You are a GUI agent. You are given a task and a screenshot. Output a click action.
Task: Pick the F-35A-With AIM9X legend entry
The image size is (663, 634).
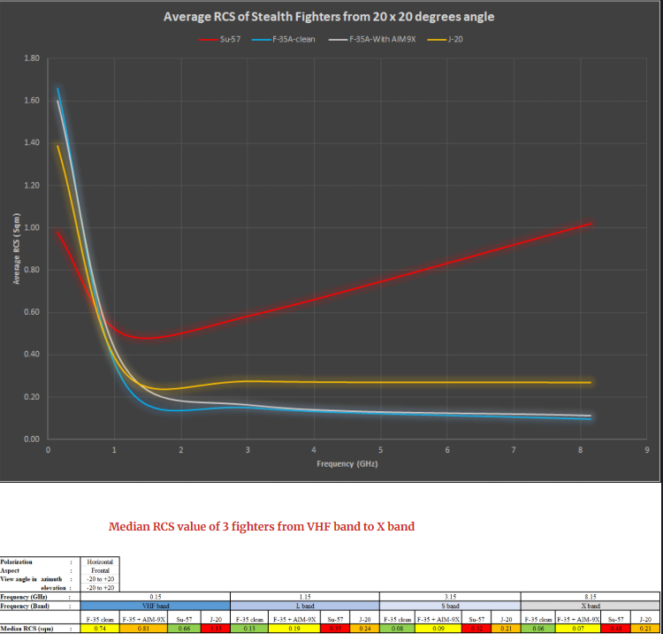371,40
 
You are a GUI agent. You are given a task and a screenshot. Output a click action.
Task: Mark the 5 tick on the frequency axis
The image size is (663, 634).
380,451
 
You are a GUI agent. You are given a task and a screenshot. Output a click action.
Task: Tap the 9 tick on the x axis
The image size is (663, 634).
647,451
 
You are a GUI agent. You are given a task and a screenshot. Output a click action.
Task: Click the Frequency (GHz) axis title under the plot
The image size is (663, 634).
347,464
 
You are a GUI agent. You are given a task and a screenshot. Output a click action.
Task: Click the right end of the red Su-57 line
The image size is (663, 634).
590,224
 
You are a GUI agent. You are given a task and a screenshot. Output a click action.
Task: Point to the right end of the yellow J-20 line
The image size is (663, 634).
590,383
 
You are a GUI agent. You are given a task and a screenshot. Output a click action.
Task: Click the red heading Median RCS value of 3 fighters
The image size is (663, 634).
261,526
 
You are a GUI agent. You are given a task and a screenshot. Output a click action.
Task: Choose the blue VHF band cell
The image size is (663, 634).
156,606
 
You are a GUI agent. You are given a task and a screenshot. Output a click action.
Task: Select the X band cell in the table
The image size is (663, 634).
591,606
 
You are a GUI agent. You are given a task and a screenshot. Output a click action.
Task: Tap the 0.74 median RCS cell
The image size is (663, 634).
100,628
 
